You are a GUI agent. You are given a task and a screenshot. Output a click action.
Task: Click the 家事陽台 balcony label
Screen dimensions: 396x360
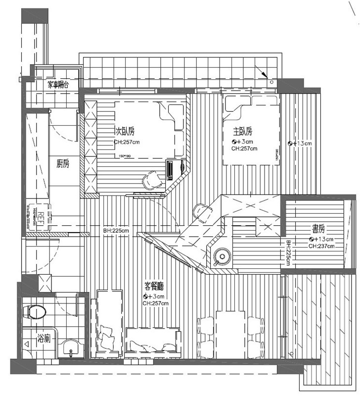[58, 85]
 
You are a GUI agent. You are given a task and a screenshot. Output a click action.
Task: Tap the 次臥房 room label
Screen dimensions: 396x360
[125, 131]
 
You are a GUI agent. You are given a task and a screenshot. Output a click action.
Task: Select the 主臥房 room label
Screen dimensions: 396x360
[243, 132]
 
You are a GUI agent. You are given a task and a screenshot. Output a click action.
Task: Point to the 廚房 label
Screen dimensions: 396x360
[63, 164]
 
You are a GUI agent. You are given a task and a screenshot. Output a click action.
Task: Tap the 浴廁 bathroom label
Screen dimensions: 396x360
[44, 339]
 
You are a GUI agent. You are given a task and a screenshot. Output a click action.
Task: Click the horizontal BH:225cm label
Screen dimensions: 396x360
[116, 231]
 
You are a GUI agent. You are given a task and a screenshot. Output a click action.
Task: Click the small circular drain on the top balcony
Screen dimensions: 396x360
[271, 81]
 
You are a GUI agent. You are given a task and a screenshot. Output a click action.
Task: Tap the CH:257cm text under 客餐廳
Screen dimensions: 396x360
[155, 303]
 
